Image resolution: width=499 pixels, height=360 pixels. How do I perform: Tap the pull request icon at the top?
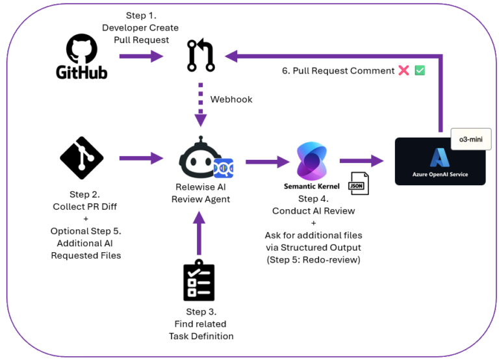point(201,56)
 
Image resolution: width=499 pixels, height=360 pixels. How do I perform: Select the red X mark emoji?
point(403,71)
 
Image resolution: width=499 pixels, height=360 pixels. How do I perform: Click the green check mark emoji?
point(420,71)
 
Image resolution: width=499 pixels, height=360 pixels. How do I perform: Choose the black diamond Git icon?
point(81,157)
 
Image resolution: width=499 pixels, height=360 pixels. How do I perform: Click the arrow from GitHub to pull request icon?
point(139,57)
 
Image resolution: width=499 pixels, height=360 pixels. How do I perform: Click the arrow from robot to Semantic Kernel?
point(266,160)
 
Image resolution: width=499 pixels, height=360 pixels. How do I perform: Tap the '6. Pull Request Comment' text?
point(337,71)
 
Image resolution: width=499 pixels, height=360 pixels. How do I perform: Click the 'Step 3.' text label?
point(199,312)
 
